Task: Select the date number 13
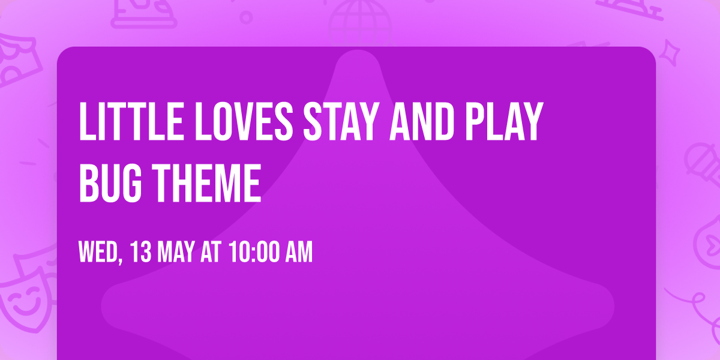pos(140,252)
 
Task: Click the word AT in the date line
pos(211,252)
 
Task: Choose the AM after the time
pos(297,252)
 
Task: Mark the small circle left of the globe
pos(246,17)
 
